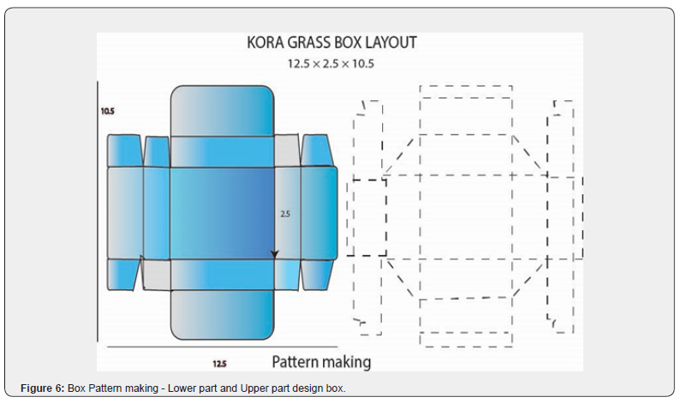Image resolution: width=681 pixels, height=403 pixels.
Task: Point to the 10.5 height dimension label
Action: [107, 110]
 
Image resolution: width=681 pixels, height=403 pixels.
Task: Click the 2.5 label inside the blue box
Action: [286, 215]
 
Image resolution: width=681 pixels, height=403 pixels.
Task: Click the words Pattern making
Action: [321, 362]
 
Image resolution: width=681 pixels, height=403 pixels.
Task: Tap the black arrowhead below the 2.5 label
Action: [275, 253]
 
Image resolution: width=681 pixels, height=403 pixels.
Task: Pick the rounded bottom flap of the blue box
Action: [222, 315]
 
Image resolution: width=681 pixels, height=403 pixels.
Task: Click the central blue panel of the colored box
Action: [222, 213]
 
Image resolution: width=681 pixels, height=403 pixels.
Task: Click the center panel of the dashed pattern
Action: [466, 217]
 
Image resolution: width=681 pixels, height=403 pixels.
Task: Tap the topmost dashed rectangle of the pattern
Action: [466, 92]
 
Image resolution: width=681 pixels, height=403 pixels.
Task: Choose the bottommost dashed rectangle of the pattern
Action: [466, 339]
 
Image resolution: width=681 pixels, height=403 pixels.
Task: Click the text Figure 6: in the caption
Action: [42, 389]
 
